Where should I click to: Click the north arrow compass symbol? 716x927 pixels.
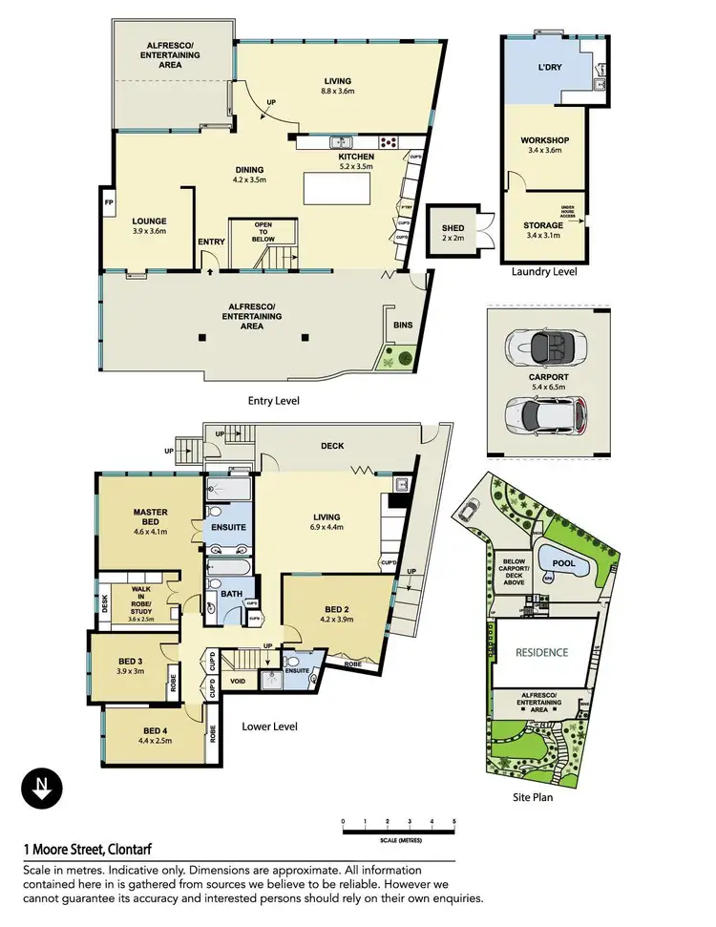pos(42,790)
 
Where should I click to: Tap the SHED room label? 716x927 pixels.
pos(453,228)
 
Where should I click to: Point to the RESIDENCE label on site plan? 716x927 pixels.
pos(542,653)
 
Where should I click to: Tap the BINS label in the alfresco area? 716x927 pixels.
pos(403,325)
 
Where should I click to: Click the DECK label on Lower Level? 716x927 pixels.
pos(332,446)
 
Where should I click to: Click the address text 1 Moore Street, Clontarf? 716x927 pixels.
pos(88,848)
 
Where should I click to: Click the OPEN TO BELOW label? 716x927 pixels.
pos(263,231)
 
